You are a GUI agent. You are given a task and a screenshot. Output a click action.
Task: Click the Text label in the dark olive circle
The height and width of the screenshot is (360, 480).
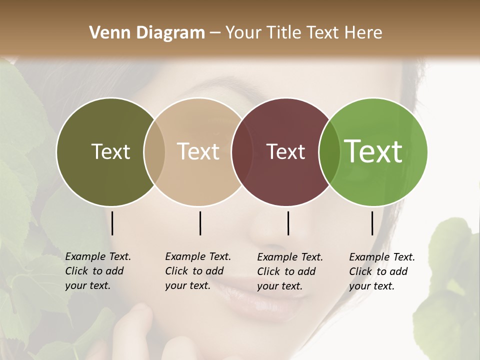click(110, 151)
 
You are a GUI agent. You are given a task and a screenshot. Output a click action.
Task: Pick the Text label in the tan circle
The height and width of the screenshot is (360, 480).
click(198, 151)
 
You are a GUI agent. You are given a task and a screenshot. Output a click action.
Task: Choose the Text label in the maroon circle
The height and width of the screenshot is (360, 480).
click(285, 151)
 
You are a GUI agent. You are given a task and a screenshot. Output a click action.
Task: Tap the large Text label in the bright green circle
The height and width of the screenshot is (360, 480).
click(373, 151)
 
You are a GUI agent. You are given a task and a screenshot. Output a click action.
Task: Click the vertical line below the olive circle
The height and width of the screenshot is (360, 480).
click(112, 223)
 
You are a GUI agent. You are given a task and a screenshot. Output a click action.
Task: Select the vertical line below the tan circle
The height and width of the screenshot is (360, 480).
click(200, 223)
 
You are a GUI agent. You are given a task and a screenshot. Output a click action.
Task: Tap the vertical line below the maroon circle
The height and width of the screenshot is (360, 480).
click(288, 223)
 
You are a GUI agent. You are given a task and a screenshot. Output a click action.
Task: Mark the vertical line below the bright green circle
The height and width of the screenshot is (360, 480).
click(372, 223)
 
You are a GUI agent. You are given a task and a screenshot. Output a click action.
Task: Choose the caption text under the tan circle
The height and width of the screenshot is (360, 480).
click(197, 271)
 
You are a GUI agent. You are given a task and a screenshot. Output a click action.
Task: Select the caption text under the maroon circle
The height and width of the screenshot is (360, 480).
click(289, 271)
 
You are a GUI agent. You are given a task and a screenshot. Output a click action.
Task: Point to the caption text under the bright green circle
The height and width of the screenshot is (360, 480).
click(381, 271)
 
